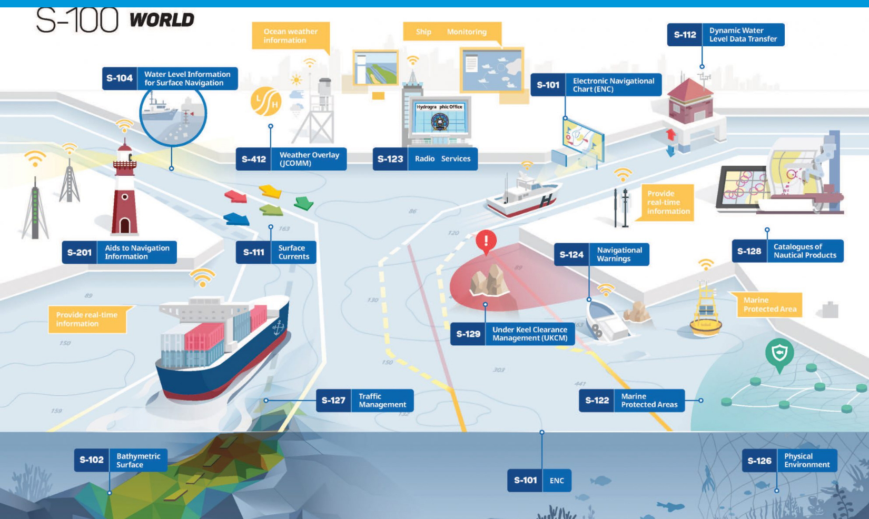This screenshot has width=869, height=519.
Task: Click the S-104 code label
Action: [120, 78]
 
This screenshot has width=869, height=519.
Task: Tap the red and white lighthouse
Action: [124, 192]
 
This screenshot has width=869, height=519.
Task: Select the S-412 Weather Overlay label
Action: [291, 159]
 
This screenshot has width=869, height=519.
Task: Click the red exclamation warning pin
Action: [486, 242]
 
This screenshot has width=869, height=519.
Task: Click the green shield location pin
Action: [779, 354]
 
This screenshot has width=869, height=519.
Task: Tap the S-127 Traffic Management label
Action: [364, 401]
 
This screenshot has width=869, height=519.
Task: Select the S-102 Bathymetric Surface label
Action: [120, 460]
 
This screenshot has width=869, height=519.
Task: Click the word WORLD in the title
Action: [162, 20]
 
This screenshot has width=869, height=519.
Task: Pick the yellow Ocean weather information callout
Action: [290, 36]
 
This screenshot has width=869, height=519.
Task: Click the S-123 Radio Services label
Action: [425, 159]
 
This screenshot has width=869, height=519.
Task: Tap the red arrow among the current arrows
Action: [235, 196]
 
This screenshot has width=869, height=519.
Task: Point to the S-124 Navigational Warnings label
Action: [601, 255]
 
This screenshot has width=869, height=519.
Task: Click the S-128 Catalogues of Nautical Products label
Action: [787, 251]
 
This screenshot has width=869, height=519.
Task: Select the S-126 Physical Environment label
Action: [789, 461]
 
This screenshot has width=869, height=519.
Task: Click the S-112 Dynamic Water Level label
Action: [726, 35]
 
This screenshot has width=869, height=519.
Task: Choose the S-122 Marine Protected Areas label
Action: [631, 401]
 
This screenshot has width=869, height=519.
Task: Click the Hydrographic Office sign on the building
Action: [439, 107]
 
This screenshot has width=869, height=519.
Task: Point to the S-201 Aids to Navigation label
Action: [119, 253]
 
